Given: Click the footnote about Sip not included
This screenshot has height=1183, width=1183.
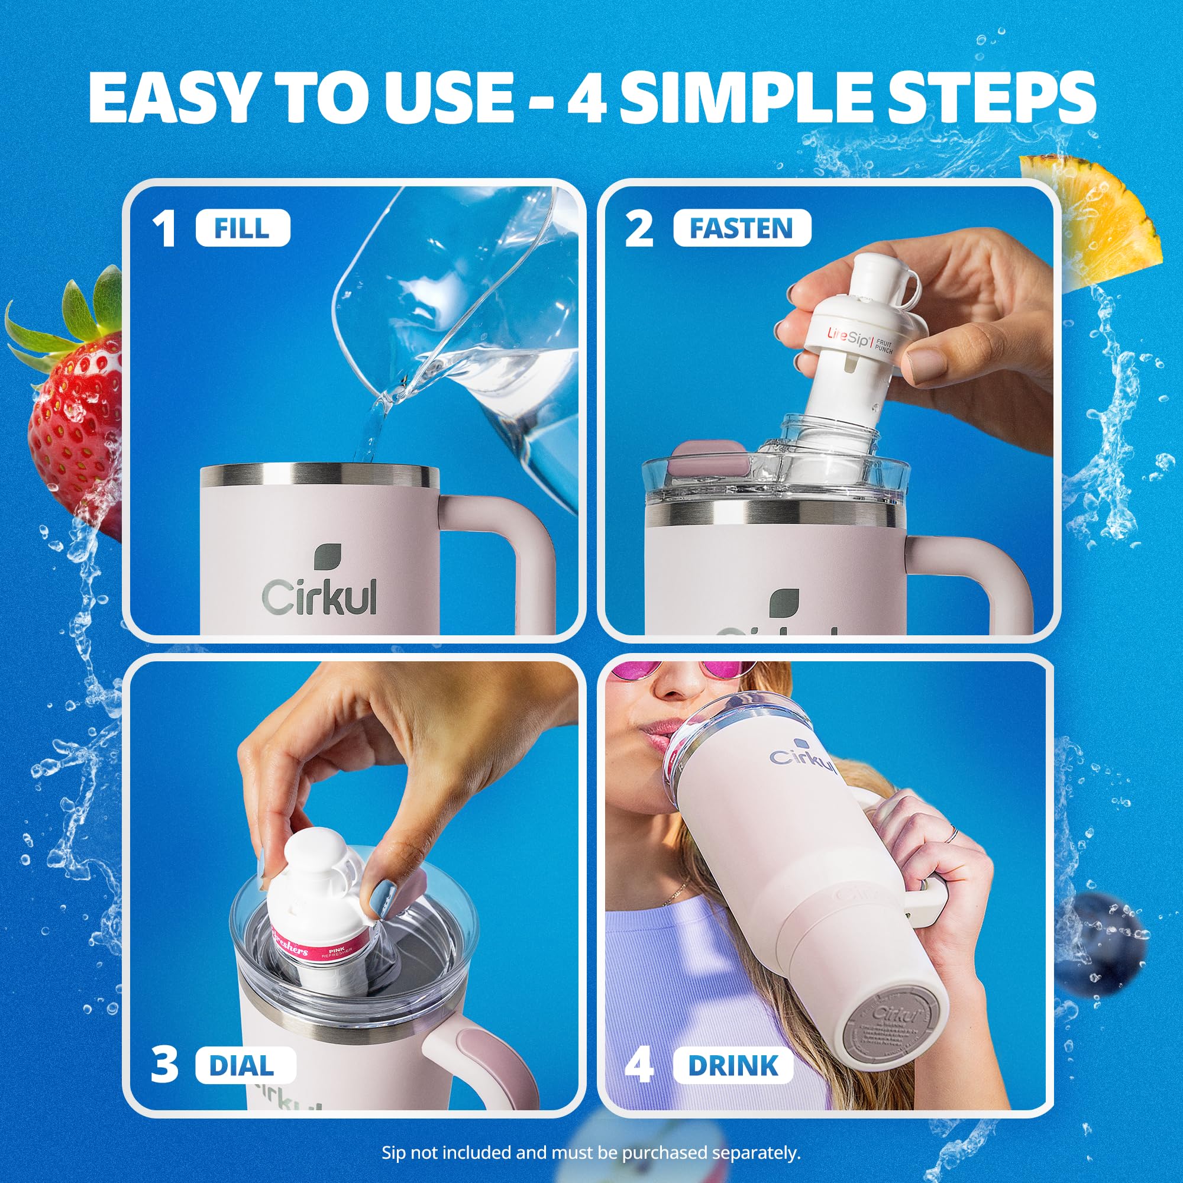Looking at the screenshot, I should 591,1152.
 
